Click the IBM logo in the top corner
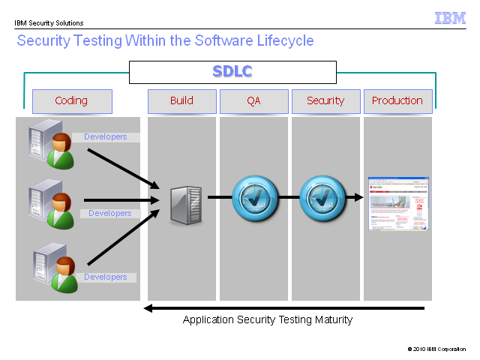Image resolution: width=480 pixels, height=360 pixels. (450, 18)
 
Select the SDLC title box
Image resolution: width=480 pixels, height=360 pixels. (232, 72)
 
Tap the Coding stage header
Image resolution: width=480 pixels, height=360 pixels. (72, 101)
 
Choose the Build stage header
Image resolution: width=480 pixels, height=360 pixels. (182, 101)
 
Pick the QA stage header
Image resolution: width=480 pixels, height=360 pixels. (254, 101)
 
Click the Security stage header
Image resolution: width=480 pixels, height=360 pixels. (326, 101)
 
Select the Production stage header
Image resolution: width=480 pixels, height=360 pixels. (398, 101)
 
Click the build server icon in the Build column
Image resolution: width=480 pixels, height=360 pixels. (186, 205)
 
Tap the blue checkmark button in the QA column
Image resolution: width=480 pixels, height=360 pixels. (255, 198)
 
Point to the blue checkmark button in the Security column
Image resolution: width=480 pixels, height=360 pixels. (322, 198)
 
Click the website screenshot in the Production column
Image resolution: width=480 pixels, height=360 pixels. (398, 203)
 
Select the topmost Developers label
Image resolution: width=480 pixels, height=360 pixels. (106, 136)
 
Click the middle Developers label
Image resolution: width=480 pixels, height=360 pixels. (110, 213)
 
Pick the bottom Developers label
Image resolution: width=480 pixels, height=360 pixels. (106, 277)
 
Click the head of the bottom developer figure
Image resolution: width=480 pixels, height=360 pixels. (65, 265)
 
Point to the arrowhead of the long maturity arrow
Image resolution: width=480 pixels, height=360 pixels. (145, 308)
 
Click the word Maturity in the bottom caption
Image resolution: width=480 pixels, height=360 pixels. (334, 320)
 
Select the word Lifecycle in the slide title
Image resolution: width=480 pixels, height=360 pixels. (285, 41)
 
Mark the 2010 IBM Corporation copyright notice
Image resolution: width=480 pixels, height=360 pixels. (436, 349)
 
